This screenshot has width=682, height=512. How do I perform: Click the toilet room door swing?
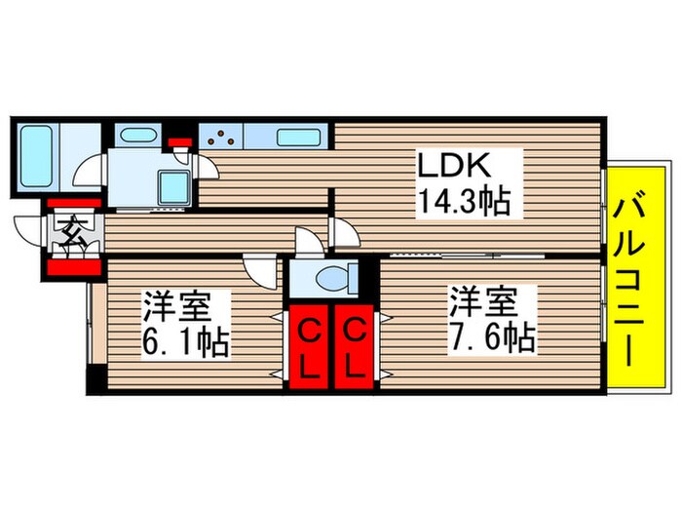click(x=307, y=242)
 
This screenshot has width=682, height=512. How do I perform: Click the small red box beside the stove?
click(x=179, y=142)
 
